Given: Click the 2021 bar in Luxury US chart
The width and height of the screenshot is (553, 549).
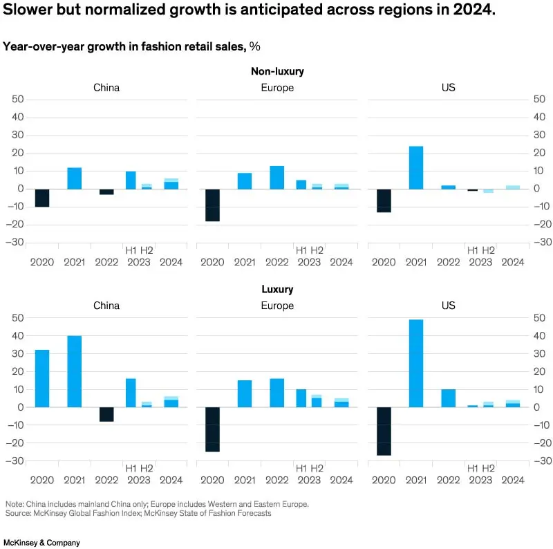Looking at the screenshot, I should click(x=415, y=363).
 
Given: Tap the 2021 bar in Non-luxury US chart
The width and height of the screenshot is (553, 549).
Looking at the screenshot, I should click(x=415, y=167).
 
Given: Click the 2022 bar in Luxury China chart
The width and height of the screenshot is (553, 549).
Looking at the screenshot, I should click(x=106, y=413).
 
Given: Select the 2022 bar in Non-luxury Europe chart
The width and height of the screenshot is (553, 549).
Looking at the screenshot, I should click(x=276, y=177).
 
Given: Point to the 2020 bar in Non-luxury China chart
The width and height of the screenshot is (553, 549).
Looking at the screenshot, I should click(x=41, y=198).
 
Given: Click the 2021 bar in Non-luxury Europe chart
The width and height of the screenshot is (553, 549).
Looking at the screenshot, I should click(x=245, y=180).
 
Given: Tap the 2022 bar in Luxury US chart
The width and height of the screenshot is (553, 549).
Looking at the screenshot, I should click(x=448, y=398).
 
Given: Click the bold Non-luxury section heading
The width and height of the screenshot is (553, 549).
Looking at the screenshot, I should click(x=277, y=71).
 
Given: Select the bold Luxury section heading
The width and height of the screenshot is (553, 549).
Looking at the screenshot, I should click(x=277, y=290).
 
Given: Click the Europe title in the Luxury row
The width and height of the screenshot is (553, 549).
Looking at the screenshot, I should click(x=277, y=306).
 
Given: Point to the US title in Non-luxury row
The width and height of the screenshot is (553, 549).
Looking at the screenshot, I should click(x=448, y=88).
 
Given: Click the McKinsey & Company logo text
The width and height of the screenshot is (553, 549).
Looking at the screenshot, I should click(x=42, y=543).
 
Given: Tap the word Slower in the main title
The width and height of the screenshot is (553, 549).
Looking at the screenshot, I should click(x=31, y=12).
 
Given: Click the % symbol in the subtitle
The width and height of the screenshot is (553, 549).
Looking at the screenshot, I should click(x=254, y=46).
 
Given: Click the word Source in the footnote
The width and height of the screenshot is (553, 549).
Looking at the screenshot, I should click(x=19, y=513).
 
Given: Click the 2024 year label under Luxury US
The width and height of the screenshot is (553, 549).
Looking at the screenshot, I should click(x=512, y=480).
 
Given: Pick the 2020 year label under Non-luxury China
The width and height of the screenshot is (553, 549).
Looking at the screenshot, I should click(x=41, y=262).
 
